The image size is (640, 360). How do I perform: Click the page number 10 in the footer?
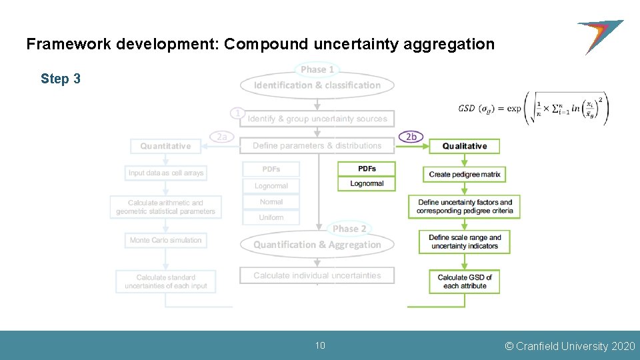pos(320,345)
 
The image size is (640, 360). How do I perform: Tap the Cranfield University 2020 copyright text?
pos(570,346)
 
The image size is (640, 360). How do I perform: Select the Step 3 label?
pos(61,79)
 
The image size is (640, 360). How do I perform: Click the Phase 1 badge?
pos(317,69)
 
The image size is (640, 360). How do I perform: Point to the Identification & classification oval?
pos(317,85)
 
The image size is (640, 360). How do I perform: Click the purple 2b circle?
pos(411,137)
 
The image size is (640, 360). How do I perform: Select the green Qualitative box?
pos(465,146)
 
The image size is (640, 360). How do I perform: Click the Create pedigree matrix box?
pos(465,174)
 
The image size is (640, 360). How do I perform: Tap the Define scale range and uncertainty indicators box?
pos(465,242)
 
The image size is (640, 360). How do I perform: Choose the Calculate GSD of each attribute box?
pos(465,281)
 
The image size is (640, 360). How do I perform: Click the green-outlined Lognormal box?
pos(367,183)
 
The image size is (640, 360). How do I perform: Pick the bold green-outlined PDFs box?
pos(367,169)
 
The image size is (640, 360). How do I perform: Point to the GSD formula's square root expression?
pos(567,108)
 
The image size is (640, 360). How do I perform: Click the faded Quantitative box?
pos(165,146)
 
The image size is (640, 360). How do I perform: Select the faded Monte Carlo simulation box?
pos(165,240)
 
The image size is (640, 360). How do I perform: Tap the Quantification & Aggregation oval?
pos(317,245)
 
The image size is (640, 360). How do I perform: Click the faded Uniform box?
pos(271,217)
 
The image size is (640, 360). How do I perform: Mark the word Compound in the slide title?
pos(266,45)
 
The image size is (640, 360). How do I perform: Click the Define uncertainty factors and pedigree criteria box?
pos(465,207)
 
